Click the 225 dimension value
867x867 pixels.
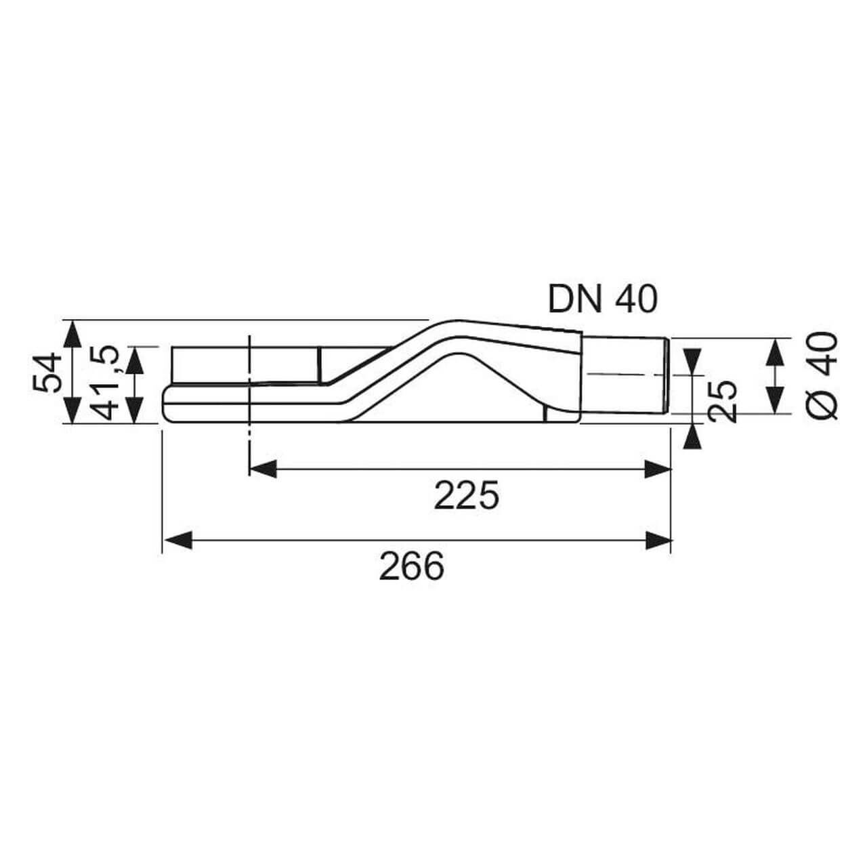click(467, 496)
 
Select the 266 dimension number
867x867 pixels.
click(412, 567)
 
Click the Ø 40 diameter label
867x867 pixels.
click(824, 376)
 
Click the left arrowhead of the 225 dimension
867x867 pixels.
click(263, 469)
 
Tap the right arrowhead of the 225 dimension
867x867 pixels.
click(658, 469)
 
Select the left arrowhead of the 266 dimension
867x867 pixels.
click(177, 540)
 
